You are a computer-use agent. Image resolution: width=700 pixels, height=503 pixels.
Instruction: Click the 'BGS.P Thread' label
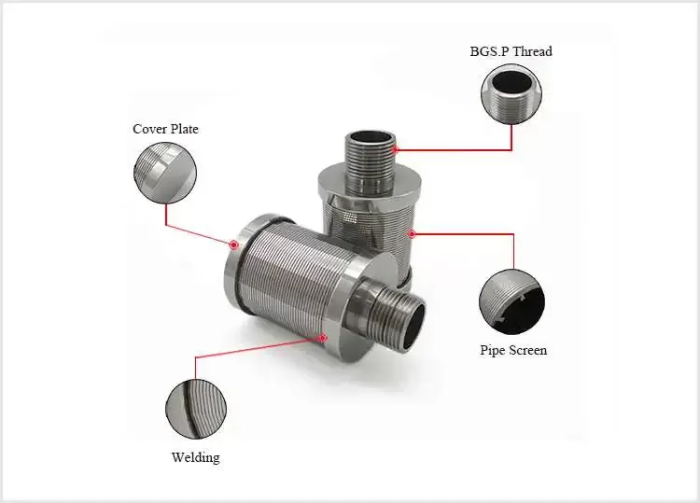[x=511, y=51]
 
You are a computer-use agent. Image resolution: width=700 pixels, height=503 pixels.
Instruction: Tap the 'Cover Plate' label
[x=165, y=129]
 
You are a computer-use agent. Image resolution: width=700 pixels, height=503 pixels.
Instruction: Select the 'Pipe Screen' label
[x=513, y=351]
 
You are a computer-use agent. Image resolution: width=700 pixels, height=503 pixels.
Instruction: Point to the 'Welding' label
[x=196, y=457]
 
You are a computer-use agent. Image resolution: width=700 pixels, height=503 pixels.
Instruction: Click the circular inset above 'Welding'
[x=196, y=408]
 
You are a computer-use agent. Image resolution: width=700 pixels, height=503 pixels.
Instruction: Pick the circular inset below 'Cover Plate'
[x=165, y=173]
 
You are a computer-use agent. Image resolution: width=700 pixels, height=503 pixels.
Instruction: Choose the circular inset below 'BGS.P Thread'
[x=511, y=94]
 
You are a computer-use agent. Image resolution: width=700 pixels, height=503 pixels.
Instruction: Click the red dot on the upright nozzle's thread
[x=396, y=147]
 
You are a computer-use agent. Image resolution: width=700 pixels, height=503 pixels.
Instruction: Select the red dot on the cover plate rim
[x=233, y=245]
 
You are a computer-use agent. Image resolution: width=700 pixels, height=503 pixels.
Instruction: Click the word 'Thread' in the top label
[x=531, y=51]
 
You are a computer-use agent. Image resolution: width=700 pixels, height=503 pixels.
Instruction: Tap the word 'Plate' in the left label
[x=182, y=129]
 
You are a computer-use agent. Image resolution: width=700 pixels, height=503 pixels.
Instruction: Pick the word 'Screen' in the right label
[x=527, y=351]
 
